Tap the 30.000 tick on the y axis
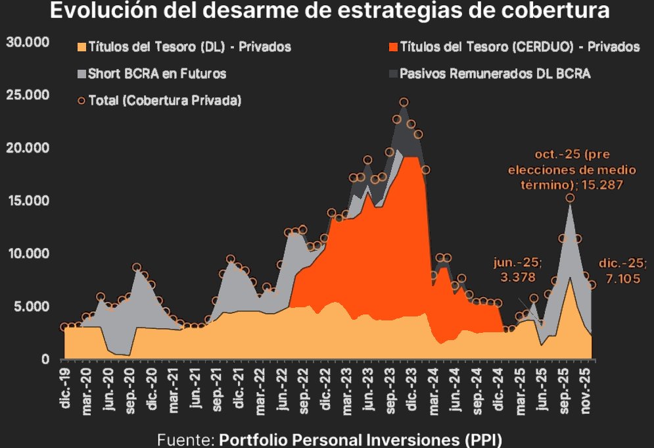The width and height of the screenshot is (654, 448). point(28,42)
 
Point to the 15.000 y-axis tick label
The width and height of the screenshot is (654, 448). point(28,201)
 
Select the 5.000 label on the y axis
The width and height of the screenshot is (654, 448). point(32,307)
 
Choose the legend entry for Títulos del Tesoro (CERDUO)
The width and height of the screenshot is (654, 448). point(519,47)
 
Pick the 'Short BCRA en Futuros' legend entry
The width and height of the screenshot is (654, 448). point(156,74)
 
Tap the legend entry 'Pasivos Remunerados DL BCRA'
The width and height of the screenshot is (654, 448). point(495,74)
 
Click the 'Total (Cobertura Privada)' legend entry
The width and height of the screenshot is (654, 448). point(165,101)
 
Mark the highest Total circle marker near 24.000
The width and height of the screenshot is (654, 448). point(404,102)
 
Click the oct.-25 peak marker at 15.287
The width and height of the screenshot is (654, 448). point(570,198)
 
